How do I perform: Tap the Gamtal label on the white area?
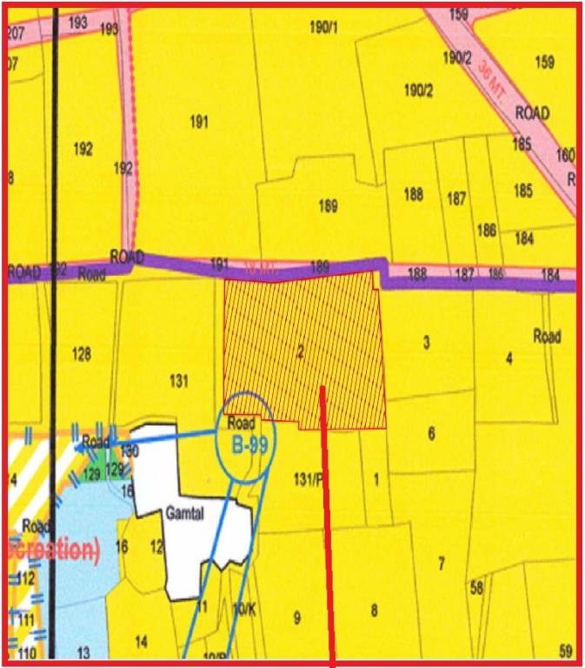click(x=183, y=514)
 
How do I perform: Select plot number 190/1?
click(x=323, y=27)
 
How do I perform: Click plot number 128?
click(x=82, y=354)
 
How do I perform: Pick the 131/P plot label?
click(x=308, y=477)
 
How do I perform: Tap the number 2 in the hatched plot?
click(x=301, y=352)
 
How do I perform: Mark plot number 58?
click(x=476, y=588)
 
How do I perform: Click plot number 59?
click(x=566, y=651)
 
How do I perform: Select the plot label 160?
click(x=565, y=156)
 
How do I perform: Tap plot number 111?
click(x=26, y=619)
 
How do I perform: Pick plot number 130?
click(x=130, y=451)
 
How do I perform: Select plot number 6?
click(x=431, y=433)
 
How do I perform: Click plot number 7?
click(x=442, y=564)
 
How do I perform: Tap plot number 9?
click(x=297, y=618)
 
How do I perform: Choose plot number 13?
click(x=83, y=651)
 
